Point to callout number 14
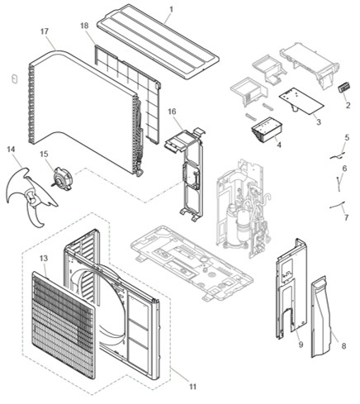pyautogui.click(x=11, y=150)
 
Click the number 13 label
pyautogui.click(x=44, y=258)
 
